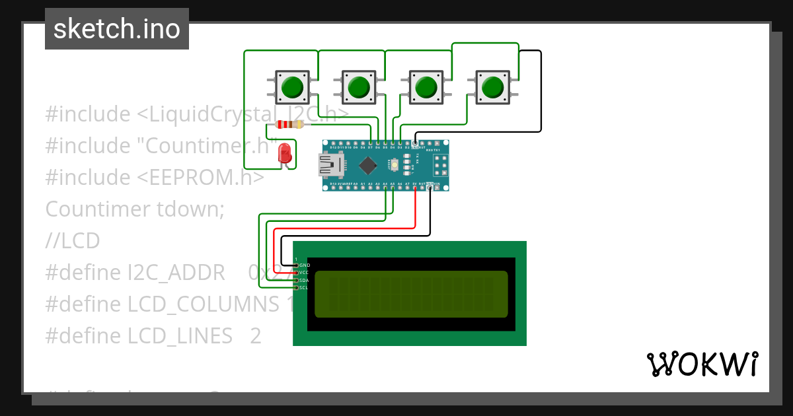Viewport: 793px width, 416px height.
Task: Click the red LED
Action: point(285,153)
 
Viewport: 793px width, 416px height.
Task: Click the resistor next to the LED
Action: point(289,125)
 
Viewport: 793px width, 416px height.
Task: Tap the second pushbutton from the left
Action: point(358,87)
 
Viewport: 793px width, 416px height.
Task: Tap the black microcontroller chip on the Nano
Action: point(369,165)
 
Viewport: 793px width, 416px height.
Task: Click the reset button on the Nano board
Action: point(395,164)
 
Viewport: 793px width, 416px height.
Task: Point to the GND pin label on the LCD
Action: point(305,265)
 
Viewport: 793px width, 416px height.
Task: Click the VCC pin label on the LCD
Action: point(304,272)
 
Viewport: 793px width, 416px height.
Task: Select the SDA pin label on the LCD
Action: point(304,280)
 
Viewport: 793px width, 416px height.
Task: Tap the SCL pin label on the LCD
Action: point(304,287)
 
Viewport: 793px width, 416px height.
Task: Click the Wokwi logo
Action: point(702,364)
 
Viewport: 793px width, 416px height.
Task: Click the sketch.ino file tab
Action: point(117,29)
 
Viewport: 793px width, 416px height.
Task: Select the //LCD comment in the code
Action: point(73,241)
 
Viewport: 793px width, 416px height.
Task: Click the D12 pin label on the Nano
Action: point(333,147)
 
